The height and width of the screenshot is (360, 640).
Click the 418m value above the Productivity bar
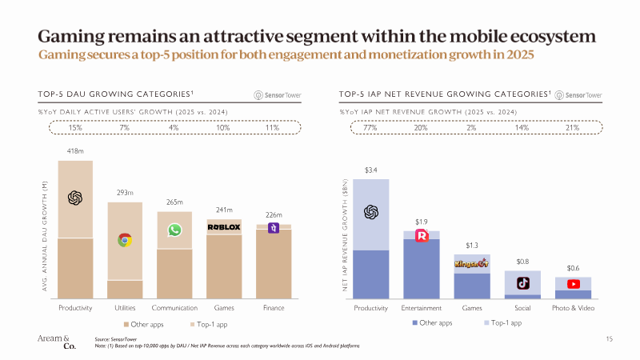click(75, 150)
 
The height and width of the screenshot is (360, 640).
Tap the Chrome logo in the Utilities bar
click(125, 239)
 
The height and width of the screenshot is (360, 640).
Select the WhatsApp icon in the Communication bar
click(174, 230)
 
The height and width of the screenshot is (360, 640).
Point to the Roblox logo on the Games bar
click(224, 227)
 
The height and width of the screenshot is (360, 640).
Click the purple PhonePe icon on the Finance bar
click(274, 227)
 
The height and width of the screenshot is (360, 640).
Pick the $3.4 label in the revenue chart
click(370, 170)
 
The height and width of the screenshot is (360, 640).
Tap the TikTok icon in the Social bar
click(522, 282)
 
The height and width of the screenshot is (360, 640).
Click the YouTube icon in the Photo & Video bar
click(574, 283)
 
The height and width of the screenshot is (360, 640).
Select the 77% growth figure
click(370, 127)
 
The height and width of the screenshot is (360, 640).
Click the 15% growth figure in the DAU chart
click(75, 127)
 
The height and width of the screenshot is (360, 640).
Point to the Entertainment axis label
click(421, 308)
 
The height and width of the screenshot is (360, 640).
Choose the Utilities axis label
click(125, 308)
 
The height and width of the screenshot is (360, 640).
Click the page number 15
click(609, 339)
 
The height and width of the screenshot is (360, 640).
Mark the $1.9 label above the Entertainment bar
click(421, 221)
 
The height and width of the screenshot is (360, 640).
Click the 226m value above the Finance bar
click(274, 214)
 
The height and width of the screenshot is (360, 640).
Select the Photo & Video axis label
click(574, 308)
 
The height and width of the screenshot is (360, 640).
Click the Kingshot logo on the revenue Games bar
click(471, 262)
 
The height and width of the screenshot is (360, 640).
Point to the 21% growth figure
click(573, 127)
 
